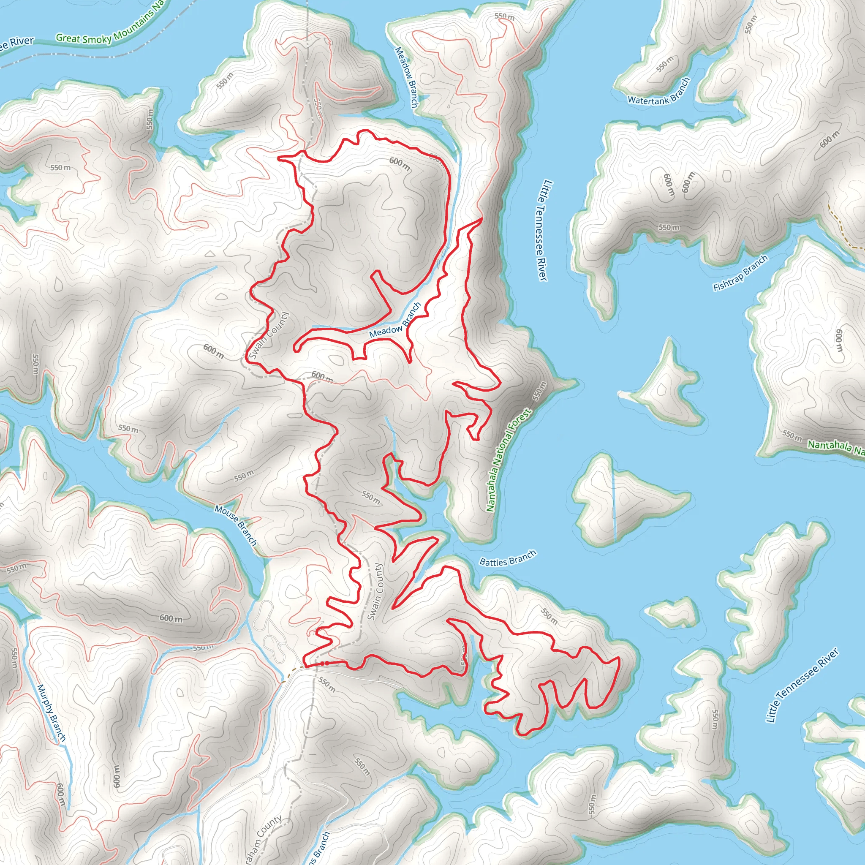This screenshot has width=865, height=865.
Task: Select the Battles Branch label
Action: [507, 558]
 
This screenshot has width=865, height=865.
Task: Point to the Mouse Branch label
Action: [236, 525]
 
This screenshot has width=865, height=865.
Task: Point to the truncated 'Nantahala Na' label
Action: [835, 448]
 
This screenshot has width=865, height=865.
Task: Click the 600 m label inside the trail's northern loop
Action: [399, 163]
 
